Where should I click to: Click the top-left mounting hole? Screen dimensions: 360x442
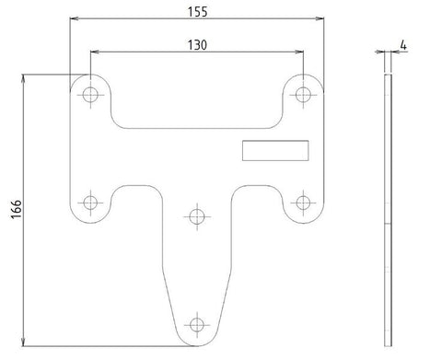(x=90, y=94)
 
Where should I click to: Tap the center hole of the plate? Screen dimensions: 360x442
(x=195, y=216)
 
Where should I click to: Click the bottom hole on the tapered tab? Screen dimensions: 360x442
(x=195, y=324)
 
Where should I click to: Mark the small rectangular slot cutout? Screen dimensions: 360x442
(x=275, y=150)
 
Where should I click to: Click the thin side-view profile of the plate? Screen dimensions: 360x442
(x=389, y=212)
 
